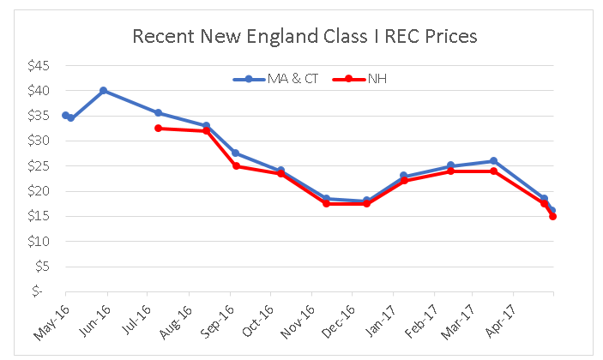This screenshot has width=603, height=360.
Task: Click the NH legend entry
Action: (x=360, y=79)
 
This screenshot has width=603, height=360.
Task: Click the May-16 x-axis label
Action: (x=53, y=319)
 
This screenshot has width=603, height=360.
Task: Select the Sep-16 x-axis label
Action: (x=219, y=319)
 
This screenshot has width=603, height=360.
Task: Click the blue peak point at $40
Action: (x=104, y=90)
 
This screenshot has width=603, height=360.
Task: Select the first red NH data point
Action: (x=158, y=128)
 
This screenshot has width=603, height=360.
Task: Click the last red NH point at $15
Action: (x=553, y=216)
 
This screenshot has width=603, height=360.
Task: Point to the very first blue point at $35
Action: (x=65, y=115)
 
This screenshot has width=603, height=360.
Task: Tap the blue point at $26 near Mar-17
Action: (x=493, y=161)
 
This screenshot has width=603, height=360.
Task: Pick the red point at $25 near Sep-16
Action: (x=236, y=165)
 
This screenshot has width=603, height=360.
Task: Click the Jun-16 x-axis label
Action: (x=95, y=319)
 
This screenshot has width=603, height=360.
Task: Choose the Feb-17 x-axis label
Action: (x=426, y=319)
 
